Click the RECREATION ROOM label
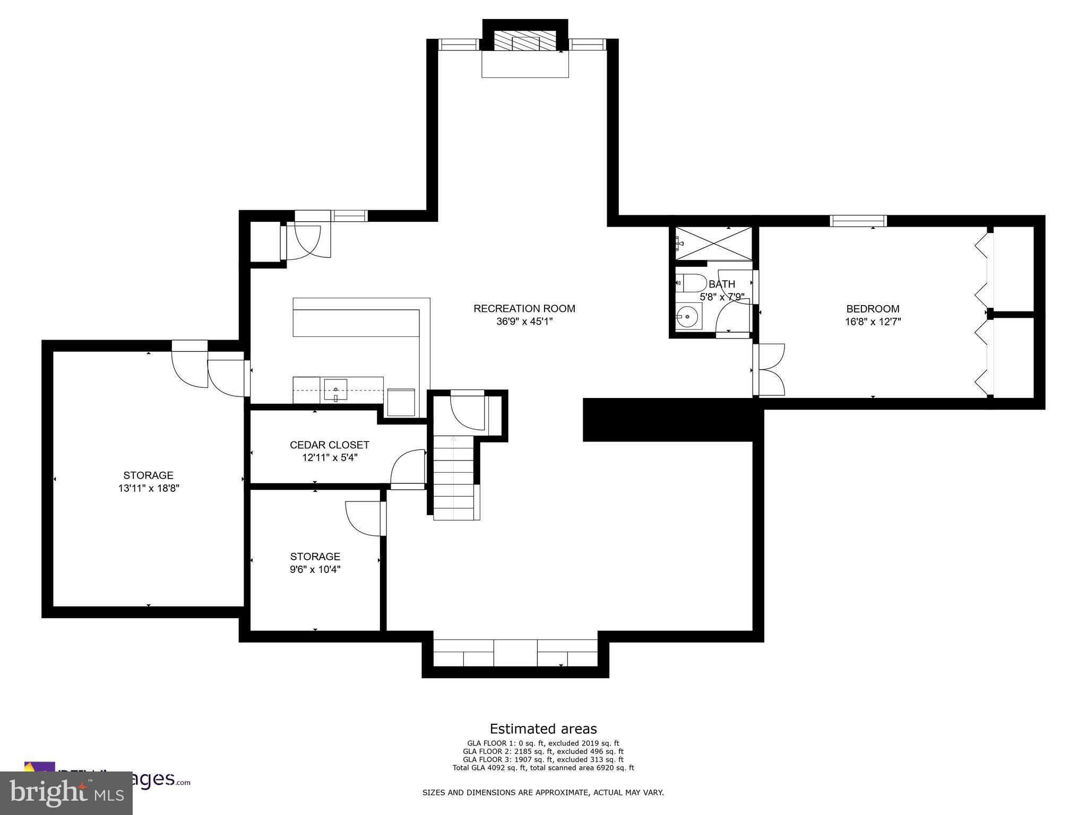(x=524, y=308)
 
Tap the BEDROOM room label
(x=873, y=309)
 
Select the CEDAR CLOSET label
(x=329, y=445)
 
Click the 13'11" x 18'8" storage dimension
(x=149, y=488)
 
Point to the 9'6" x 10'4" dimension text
(x=315, y=569)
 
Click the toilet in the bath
(x=691, y=283)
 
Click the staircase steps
(x=454, y=478)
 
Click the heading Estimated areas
(x=543, y=729)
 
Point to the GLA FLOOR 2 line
(x=543, y=751)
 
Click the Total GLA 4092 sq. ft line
(x=543, y=767)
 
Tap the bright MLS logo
(x=66, y=793)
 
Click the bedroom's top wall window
(x=858, y=221)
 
